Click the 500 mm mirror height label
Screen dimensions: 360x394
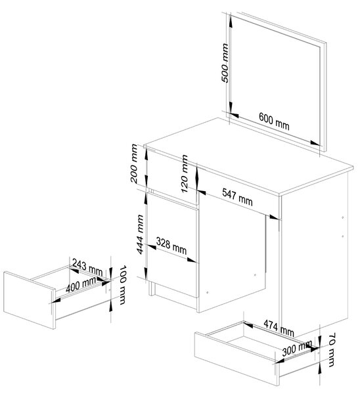225,63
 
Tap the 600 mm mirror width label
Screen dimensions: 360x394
274,121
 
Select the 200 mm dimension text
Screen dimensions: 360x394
134,164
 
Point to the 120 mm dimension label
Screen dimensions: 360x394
185,173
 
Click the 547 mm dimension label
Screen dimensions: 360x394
237,197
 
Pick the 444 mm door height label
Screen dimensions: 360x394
140,234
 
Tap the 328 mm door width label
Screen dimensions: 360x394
171,246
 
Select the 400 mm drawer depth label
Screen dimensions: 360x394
81,285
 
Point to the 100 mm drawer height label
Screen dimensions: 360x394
122,285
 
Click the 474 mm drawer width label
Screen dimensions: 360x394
279,328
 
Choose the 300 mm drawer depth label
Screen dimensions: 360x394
297,348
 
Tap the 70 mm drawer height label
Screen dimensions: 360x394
332,349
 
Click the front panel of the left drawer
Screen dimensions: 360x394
30,300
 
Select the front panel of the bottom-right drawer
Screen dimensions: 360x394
236,359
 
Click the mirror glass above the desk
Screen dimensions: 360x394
275,80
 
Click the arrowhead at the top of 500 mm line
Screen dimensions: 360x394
231,20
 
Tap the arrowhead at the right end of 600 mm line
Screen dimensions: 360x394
315,143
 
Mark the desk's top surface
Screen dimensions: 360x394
249,156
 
